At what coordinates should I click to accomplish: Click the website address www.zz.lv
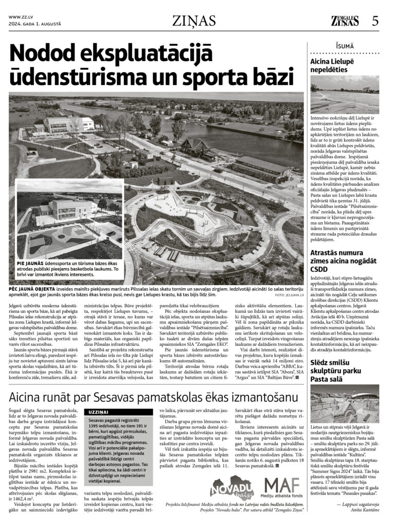point(19,17)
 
